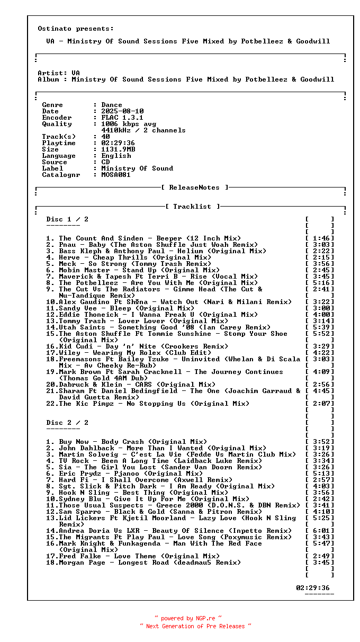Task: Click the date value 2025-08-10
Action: point(122,111)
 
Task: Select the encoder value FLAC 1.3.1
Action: point(122,118)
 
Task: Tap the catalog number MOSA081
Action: point(116,175)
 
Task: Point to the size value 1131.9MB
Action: point(118,149)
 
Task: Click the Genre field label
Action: point(52,105)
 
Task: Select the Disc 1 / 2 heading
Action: point(67,219)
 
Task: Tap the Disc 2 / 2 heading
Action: point(67,423)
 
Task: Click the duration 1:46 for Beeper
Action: point(322,238)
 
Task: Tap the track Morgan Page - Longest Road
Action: point(150,563)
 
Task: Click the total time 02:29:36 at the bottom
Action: point(313,588)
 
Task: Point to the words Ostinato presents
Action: point(76,29)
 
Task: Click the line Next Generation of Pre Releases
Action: point(195,626)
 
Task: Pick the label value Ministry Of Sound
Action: point(137,168)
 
